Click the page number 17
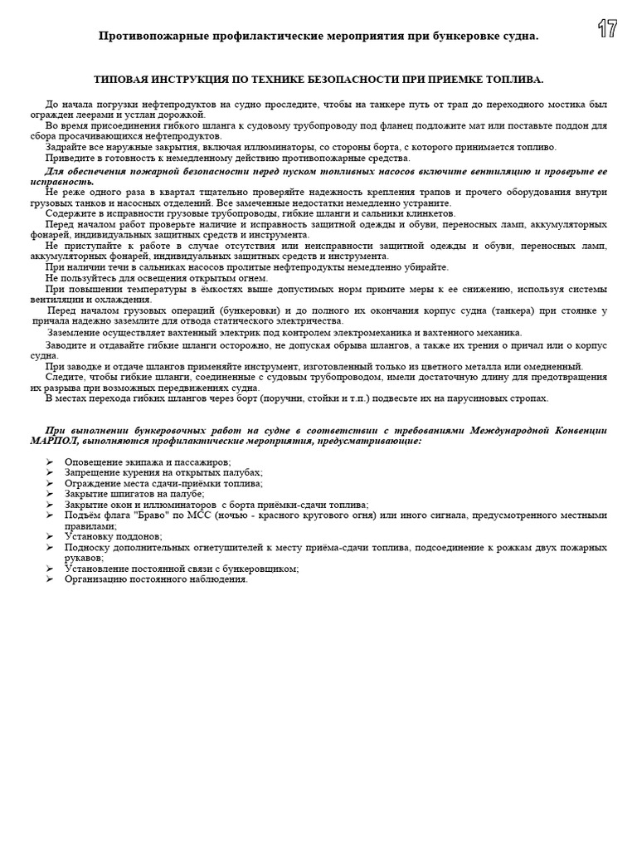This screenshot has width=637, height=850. coord(607,29)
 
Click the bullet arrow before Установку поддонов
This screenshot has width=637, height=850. coord(49,537)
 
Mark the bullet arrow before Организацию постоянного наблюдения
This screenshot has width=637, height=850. coord(49,579)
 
